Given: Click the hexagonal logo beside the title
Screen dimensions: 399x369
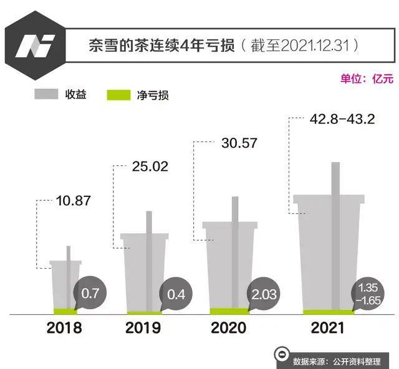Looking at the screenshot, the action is tap(35, 46).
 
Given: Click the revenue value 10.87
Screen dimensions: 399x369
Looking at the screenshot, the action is tap(74, 201).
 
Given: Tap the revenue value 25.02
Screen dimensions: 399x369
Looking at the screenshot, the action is tap(150, 166).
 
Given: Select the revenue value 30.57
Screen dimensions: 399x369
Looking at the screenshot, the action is tap(239, 143).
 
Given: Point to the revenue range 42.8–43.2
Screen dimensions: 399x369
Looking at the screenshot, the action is tap(342, 119).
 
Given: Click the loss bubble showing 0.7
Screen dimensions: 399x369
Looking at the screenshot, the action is tap(90, 294).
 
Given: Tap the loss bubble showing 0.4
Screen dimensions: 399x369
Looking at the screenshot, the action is tap(176, 294).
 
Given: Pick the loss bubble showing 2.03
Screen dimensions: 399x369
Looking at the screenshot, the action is tap(264, 294).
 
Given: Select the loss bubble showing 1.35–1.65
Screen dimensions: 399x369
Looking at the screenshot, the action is tap(368, 294).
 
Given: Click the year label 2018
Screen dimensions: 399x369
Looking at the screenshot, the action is tap(64, 328).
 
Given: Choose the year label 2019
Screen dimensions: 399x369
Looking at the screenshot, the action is tap(143, 328).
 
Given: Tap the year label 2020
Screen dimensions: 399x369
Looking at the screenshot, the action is tap(229, 328).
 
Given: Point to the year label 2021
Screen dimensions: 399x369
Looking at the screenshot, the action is tap(327, 328).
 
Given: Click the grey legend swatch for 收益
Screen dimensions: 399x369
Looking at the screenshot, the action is tap(46, 94).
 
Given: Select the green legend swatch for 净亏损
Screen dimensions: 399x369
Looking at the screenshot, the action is tap(118, 95).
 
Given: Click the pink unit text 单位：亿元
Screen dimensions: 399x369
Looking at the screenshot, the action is tap(367, 79).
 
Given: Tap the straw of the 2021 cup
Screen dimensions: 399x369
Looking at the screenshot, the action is tap(335, 236).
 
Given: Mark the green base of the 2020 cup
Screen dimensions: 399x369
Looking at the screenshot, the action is tap(229, 311).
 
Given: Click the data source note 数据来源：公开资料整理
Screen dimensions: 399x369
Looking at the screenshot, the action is tap(337, 361).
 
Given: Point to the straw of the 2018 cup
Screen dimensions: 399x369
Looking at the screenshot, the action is tap(69, 277).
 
